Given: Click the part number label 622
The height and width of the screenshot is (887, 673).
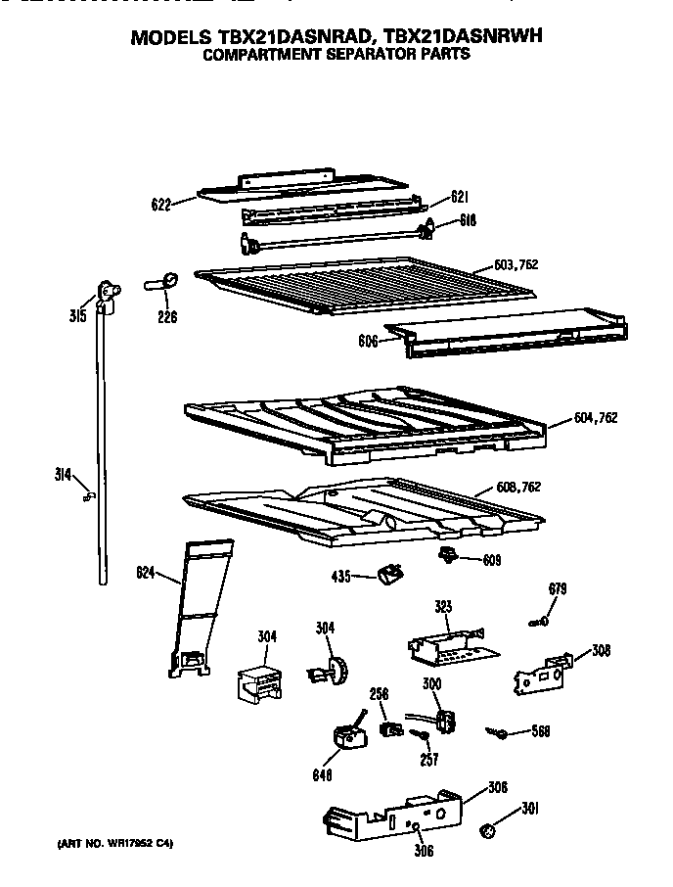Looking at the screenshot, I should pos(161,205).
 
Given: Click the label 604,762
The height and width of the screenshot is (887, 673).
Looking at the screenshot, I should pos(596,418).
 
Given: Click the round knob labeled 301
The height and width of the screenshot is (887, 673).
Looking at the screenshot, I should pos(486,831).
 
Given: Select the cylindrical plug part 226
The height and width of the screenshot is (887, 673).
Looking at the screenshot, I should pos(163,283).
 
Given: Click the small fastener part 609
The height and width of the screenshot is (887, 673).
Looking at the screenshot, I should pos(449,557).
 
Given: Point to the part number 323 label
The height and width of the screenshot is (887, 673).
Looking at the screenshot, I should pos(443,608).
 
